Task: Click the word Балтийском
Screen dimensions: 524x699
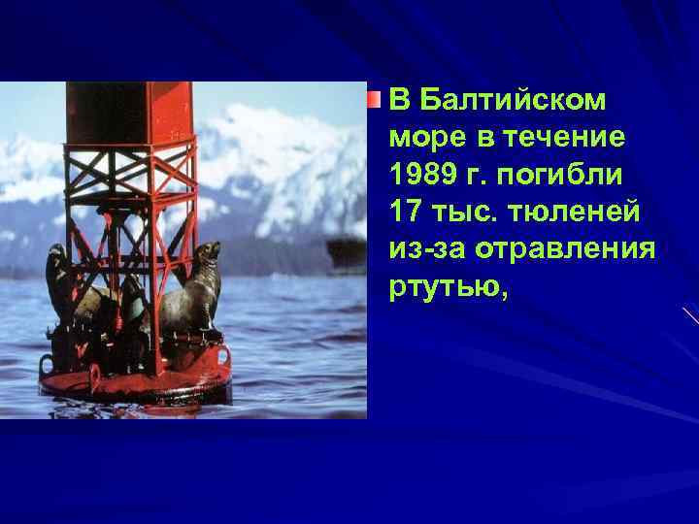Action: (x=513, y=100)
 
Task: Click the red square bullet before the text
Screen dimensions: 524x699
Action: (x=376, y=99)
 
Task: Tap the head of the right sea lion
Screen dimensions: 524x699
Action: (x=207, y=253)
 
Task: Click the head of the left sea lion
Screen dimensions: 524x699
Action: (x=57, y=255)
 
